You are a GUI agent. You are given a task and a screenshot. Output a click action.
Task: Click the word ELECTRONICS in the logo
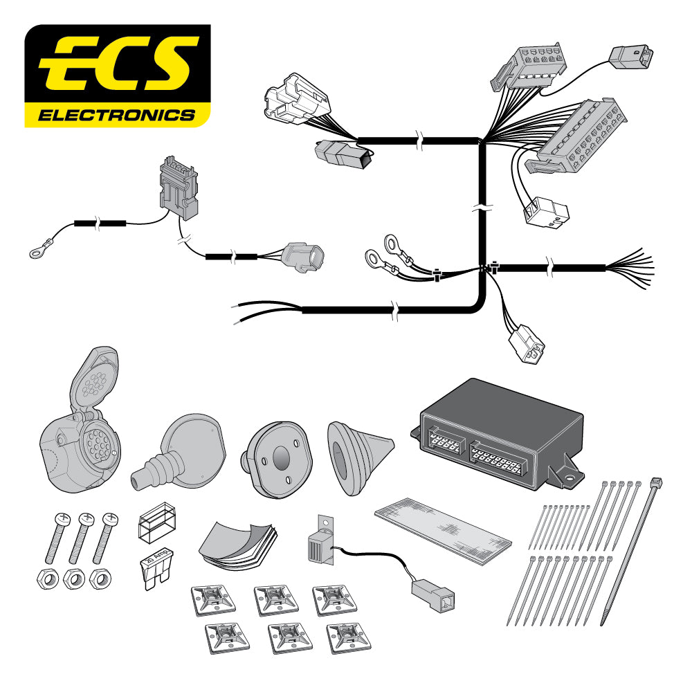(116, 114)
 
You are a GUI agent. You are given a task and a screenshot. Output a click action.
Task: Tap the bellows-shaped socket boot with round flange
(179, 450)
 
